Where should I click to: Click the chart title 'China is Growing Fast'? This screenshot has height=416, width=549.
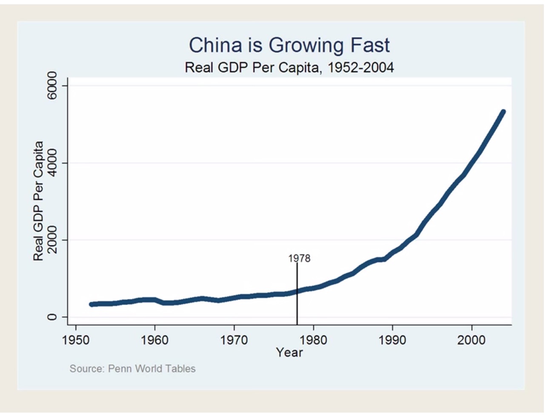(x=289, y=45)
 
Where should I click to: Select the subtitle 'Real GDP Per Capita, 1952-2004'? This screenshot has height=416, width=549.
(x=289, y=67)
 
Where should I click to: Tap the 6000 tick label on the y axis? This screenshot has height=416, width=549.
(x=52, y=85)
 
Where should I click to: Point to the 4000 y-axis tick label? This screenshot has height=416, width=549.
(x=52, y=163)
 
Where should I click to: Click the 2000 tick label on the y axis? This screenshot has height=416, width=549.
(x=52, y=240)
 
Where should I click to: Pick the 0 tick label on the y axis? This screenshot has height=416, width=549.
(x=52, y=317)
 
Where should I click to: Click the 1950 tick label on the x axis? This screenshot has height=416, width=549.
(x=76, y=340)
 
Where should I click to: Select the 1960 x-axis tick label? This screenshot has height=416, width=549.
(x=155, y=340)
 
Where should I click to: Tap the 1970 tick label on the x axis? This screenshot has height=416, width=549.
(x=234, y=340)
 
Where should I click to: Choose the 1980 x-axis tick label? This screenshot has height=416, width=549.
(x=313, y=340)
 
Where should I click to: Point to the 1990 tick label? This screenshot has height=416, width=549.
(x=392, y=340)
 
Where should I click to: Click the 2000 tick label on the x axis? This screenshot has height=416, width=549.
(x=472, y=340)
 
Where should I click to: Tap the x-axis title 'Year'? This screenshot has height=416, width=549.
(x=289, y=352)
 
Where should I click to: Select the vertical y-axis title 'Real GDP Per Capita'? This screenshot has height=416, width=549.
(x=38, y=201)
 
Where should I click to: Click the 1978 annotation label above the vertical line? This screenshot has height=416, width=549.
(x=299, y=258)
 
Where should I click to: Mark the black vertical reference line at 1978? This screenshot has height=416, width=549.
(x=297, y=306)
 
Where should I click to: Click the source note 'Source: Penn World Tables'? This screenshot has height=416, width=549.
(x=132, y=368)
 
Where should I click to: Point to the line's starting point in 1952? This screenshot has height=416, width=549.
(x=91, y=304)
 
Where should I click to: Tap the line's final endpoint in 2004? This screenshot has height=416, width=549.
(x=503, y=112)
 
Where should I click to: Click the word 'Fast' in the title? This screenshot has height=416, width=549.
(x=369, y=45)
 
